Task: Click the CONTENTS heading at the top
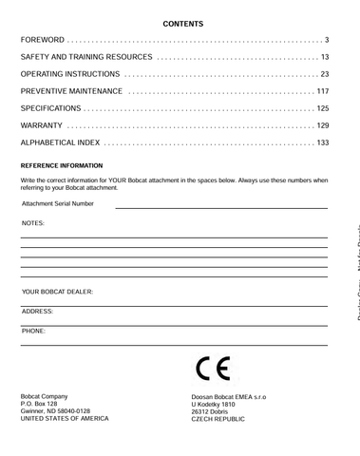(x=180, y=21)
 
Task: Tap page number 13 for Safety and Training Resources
(x=323, y=58)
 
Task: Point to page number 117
(x=322, y=92)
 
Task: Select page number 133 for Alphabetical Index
(x=322, y=143)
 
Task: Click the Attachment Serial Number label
(x=58, y=203)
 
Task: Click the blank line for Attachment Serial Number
(x=221, y=206)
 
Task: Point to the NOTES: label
(x=33, y=222)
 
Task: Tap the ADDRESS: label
(x=37, y=311)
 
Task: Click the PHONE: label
(x=34, y=331)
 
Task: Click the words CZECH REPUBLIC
(x=218, y=418)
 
